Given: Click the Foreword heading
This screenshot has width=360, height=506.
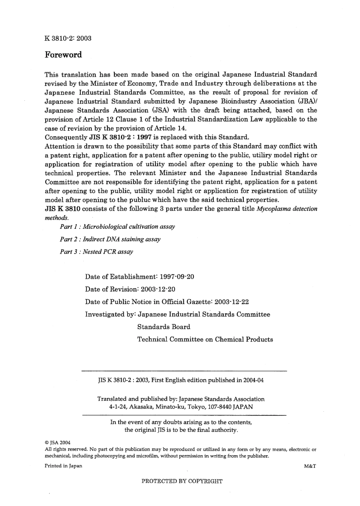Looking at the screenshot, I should (x=63, y=55).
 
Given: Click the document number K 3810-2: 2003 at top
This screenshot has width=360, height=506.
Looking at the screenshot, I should (x=68, y=38).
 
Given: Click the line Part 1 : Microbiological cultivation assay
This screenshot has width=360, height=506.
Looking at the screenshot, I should (x=117, y=227).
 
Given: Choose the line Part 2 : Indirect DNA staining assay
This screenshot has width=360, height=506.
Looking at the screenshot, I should (x=110, y=239).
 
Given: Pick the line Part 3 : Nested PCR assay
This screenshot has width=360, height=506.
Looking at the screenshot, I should (x=97, y=252).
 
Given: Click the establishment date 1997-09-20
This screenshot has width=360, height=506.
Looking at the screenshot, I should (x=177, y=277).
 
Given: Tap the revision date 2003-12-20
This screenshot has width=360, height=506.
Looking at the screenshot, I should (x=158, y=289).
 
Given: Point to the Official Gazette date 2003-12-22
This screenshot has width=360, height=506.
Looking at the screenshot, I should (x=232, y=302).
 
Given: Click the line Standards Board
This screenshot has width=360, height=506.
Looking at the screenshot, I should (x=164, y=327).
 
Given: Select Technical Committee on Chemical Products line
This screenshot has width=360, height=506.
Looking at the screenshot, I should (x=205, y=339).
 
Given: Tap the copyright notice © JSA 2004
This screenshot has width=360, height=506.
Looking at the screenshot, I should (x=57, y=442).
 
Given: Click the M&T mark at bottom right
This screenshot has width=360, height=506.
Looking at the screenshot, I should (x=310, y=466).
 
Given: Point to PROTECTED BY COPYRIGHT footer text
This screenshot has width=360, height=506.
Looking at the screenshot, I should (x=182, y=481).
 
